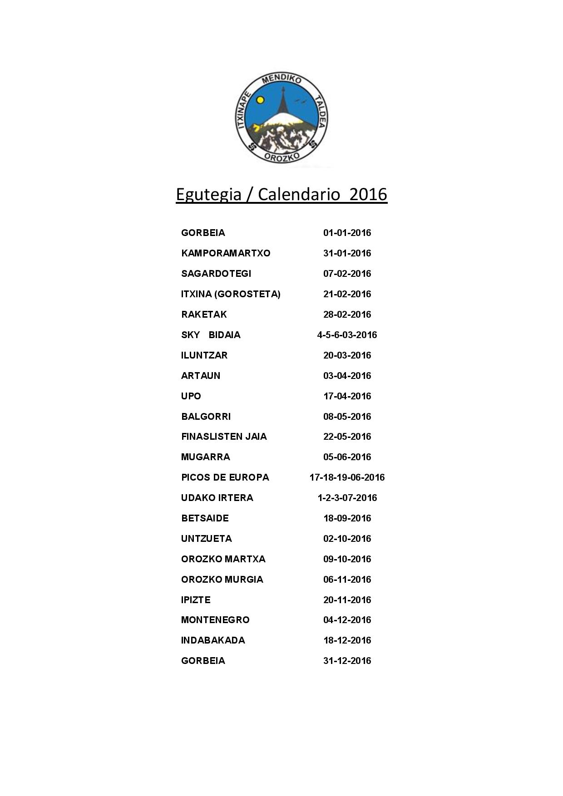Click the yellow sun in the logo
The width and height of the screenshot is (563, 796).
260,100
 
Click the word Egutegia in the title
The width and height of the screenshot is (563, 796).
208,194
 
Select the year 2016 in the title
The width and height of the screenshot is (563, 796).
369,194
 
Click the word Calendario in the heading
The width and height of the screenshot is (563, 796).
299,194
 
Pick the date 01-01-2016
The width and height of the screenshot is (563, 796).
347,233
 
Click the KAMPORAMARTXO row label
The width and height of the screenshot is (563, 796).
226,253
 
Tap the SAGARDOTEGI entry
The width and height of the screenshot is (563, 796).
216,274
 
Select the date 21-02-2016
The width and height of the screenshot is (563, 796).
347,294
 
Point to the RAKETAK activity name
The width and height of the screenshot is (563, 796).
204,314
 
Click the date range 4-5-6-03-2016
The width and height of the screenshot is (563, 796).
347,335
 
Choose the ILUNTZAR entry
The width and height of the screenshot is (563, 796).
204,355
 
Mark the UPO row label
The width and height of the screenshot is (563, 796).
191,396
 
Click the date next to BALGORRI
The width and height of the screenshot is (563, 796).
347,417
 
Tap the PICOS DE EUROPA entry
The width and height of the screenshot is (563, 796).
225,477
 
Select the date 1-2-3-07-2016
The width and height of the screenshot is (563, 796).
347,498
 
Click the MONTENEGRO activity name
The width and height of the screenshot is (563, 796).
215,620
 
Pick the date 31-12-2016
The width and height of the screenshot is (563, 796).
347,661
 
